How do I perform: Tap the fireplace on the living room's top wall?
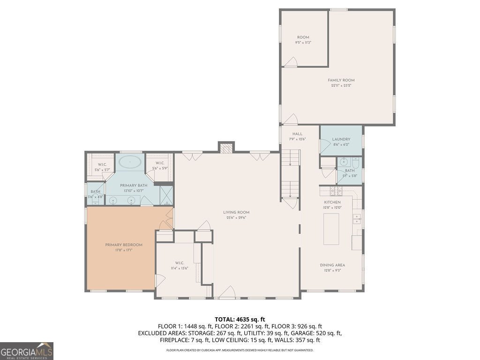click(x=226, y=148)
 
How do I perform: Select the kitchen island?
click(x=331, y=229)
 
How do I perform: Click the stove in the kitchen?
click(x=336, y=190)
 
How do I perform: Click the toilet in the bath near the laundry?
click(x=356, y=164)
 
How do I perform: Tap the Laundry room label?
click(x=341, y=139)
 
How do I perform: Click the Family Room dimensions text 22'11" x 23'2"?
click(x=341, y=85)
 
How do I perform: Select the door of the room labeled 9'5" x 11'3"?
click(x=291, y=61)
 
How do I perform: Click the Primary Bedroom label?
click(x=123, y=245)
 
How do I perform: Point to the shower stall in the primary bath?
click(x=166, y=195)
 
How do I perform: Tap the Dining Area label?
click(x=332, y=265)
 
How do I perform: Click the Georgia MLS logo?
click(x=27, y=351)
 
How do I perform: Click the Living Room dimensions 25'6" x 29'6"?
click(x=236, y=217)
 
